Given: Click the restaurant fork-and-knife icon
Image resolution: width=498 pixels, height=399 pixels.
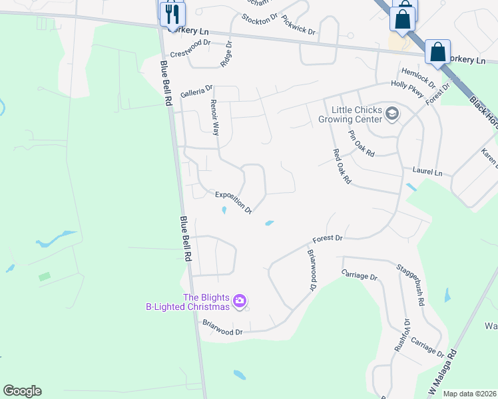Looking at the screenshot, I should pyautogui.click(x=172, y=14).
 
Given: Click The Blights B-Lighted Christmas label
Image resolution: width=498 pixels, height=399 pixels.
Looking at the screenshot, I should pyautogui.click(x=188, y=302).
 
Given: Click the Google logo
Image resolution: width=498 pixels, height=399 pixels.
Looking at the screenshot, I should pyautogui.click(x=22, y=391).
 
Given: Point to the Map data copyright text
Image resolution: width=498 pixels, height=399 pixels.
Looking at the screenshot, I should pyautogui.click(x=469, y=394).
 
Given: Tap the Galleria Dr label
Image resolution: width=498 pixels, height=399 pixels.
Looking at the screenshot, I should pyautogui.click(x=196, y=88).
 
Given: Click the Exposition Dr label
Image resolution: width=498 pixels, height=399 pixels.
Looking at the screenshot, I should pyautogui.click(x=233, y=202).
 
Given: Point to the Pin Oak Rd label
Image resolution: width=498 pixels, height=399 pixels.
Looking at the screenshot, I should pyautogui.click(x=362, y=144).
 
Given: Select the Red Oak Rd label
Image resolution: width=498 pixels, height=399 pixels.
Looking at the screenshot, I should pyautogui.click(x=342, y=167).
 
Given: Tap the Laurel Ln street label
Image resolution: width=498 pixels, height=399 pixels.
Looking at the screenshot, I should pyautogui.click(x=427, y=172).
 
